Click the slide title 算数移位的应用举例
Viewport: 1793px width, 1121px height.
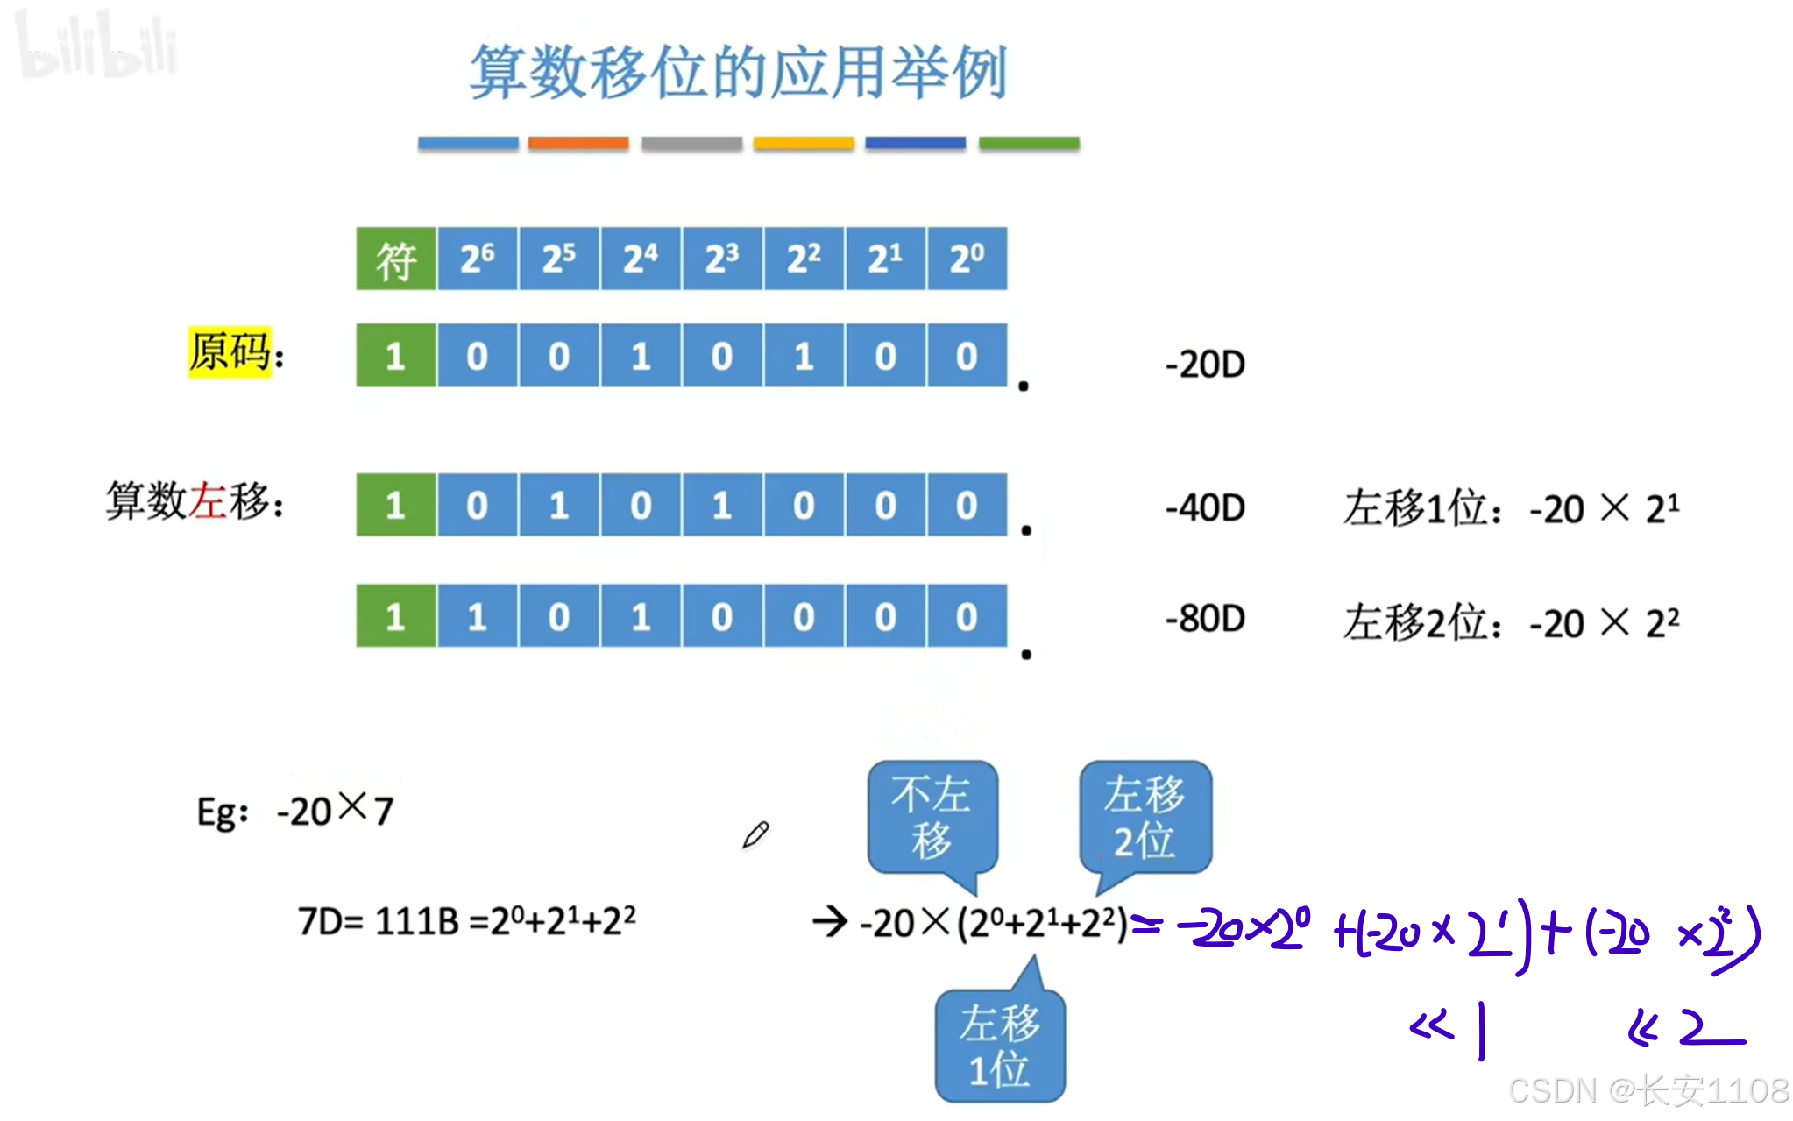[x=738, y=72]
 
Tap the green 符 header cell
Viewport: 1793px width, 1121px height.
[x=395, y=259]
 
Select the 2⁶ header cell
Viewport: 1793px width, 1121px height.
[x=478, y=259]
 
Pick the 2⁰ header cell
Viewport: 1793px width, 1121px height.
[x=967, y=259]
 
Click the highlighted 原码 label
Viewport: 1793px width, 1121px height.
[x=230, y=352]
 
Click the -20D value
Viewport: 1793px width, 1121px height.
[x=1205, y=364]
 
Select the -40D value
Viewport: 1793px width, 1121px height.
[x=1205, y=507]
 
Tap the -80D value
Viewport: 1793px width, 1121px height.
[x=1205, y=619]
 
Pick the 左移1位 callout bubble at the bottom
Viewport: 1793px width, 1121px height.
[x=1000, y=1046]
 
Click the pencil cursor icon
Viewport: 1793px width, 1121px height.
[x=755, y=834]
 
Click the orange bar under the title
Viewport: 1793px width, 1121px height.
[x=578, y=143]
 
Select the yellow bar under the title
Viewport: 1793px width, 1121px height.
[x=804, y=143]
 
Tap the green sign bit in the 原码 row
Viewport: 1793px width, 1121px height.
[x=395, y=355]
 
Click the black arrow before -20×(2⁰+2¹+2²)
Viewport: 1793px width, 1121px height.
[x=829, y=921]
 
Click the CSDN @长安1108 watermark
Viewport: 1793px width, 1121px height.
[x=1648, y=1090]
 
